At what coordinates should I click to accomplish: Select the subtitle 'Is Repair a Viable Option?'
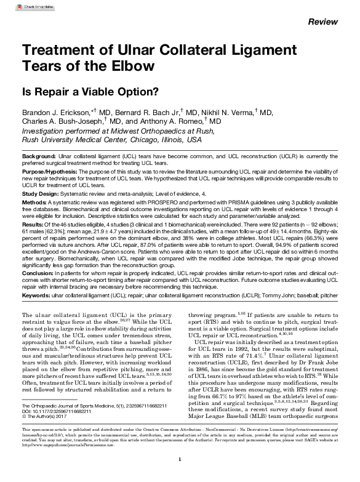pos(90,92)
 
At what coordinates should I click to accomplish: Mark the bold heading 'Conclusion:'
pos(38,291)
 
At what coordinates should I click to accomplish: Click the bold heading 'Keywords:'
pos(36,312)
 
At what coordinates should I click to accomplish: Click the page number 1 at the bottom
pos(179,459)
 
